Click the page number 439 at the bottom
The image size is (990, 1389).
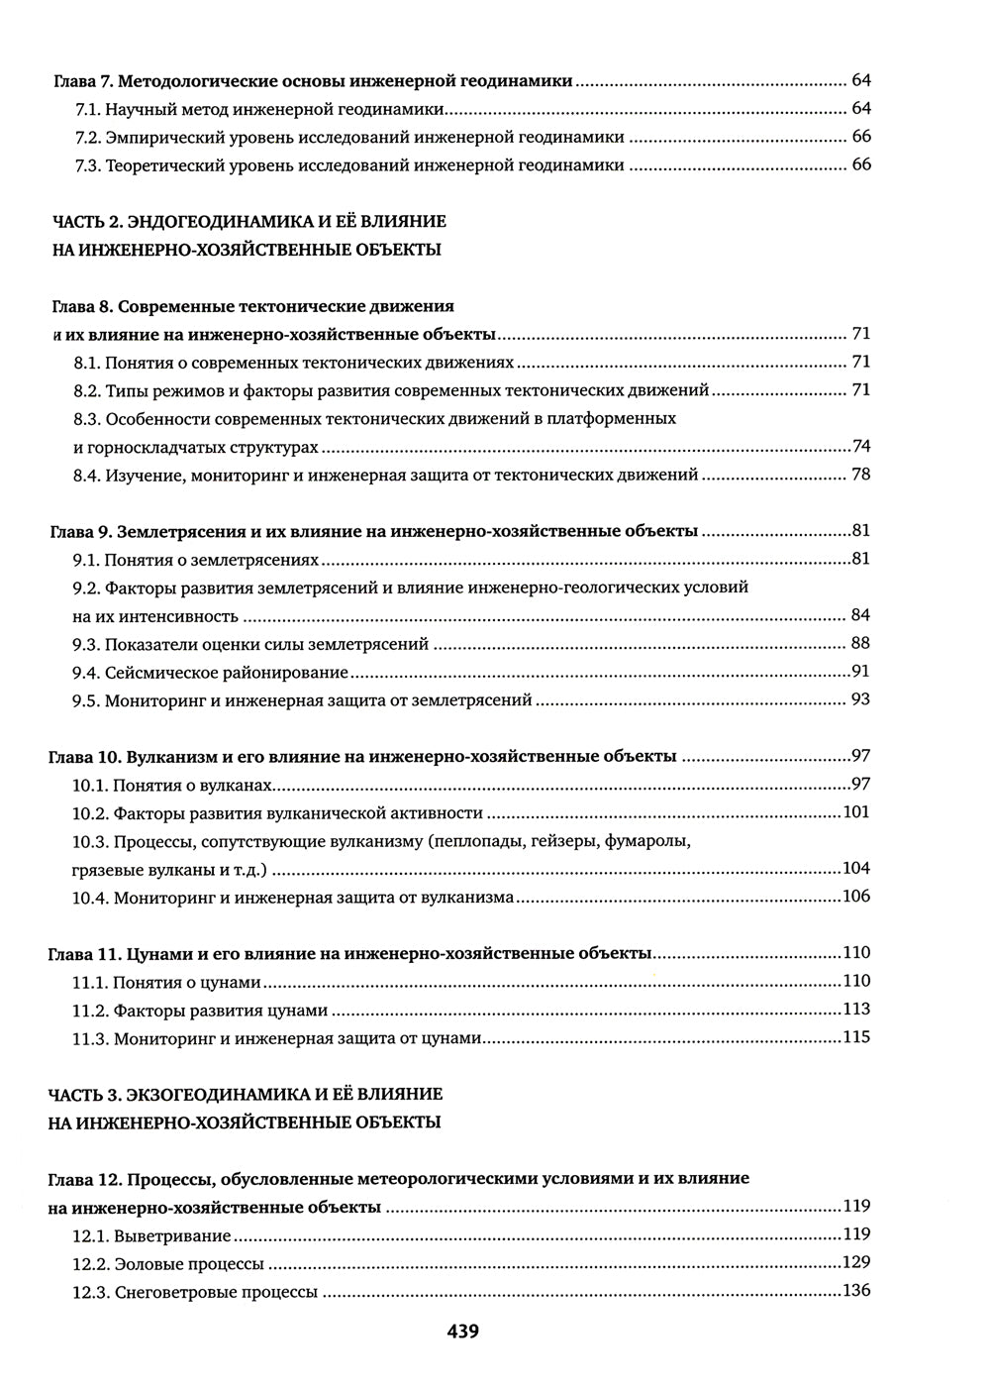[x=462, y=1333]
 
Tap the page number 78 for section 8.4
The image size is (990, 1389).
[x=860, y=475]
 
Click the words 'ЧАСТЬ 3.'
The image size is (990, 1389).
[x=84, y=1095]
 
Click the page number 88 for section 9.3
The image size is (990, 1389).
[x=860, y=644]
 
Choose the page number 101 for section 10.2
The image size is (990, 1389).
[x=855, y=812]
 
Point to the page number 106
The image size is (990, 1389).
[x=855, y=897]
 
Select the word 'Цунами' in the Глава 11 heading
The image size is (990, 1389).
[x=158, y=953]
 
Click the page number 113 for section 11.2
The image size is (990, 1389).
[x=855, y=1010]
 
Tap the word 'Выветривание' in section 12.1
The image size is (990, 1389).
[x=172, y=1236]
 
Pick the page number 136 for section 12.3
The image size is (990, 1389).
[x=855, y=1291]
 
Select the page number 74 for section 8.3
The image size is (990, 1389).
[x=860, y=447]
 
